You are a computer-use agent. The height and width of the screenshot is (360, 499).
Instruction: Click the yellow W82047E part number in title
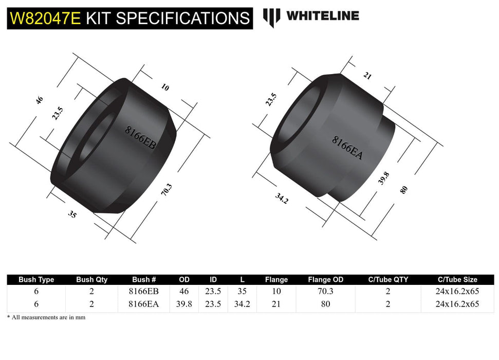pos(44,19)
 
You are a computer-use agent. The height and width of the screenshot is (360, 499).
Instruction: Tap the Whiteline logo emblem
pos(271,16)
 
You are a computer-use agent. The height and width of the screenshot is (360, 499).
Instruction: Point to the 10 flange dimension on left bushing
pos(165,87)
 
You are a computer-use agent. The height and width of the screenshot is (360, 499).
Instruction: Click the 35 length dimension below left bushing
pos(72,214)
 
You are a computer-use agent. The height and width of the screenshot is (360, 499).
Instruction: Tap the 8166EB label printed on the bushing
pos(140,138)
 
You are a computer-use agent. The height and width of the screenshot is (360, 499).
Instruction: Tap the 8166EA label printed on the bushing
pos(347,148)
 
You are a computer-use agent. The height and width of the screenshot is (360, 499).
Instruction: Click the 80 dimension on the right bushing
pos(404,189)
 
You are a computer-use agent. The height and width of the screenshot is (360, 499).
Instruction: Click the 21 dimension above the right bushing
pos(367,76)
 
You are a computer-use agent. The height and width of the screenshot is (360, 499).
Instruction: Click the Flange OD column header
pos(325,280)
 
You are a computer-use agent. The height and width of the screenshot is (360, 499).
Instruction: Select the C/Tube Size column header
pos(457,280)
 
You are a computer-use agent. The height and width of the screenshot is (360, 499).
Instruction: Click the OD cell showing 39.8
pos(184,304)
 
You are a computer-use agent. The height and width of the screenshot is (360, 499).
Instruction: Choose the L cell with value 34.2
pos(242,304)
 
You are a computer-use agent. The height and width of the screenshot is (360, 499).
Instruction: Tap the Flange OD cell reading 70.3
pos(325,291)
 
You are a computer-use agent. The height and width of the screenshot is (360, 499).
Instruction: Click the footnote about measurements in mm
pos(46,317)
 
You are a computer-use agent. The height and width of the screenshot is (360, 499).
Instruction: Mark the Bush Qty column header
pos(92,280)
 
